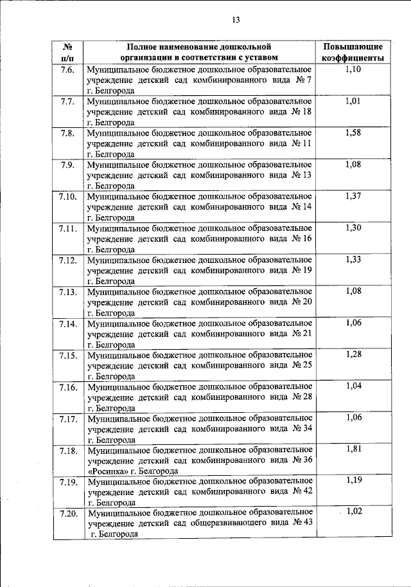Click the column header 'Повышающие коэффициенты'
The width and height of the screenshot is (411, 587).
(353, 52)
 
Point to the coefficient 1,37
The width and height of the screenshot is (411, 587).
(353, 195)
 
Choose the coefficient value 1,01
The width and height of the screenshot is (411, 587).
(353, 101)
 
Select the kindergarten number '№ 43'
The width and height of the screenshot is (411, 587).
(301, 522)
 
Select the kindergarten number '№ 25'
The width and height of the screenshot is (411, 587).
(301, 365)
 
